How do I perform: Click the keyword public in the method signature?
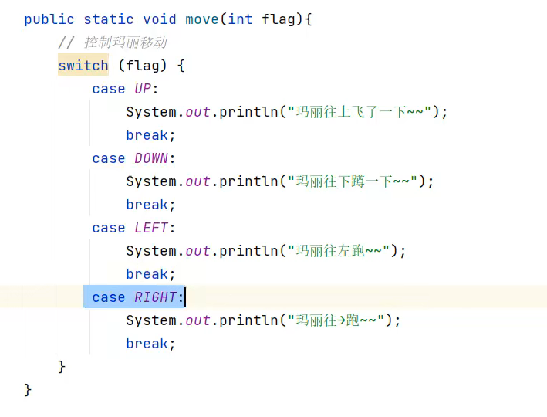click(x=49, y=19)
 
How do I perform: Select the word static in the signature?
click(x=109, y=19)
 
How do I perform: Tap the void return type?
click(x=160, y=19)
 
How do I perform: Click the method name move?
click(x=202, y=19)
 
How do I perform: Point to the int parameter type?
click(x=240, y=19)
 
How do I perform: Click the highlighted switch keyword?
click(x=83, y=66)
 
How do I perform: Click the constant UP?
click(x=143, y=89)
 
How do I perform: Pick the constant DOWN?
click(x=151, y=158)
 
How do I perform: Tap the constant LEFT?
click(x=151, y=228)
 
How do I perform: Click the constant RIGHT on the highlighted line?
click(x=156, y=297)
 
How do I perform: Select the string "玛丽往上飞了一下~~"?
click(x=360, y=112)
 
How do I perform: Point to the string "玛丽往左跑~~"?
click(x=339, y=251)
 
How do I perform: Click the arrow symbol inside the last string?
click(x=343, y=320)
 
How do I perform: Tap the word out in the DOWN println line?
click(x=198, y=181)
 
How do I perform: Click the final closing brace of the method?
click(x=28, y=389)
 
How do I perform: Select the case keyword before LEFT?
click(x=109, y=228)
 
